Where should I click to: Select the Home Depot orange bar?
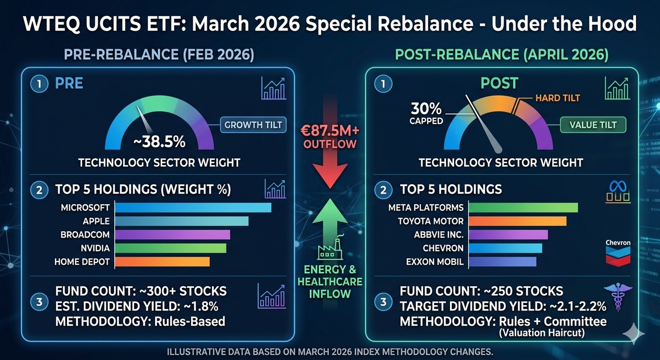coord(162,262)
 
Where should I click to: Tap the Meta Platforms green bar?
coord(523,208)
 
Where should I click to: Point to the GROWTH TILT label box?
coord(253,125)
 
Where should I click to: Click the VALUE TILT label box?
coord(592,124)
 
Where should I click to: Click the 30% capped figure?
coord(426,109)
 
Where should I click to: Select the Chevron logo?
coord(618,253)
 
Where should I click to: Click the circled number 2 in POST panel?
coord(383,190)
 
